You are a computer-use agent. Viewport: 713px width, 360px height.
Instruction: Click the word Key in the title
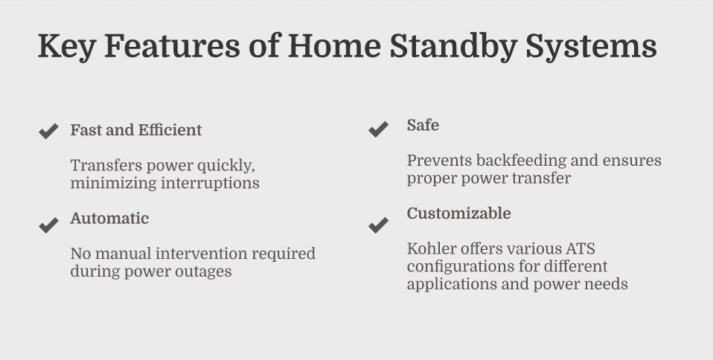pos(66,47)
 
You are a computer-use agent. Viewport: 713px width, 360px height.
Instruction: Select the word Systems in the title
pos(591,47)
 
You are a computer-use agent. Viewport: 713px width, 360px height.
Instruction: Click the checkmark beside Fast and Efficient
pos(48,131)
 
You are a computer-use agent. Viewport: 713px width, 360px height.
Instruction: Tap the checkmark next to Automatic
pos(48,225)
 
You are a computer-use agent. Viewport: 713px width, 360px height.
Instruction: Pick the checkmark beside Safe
pos(378,129)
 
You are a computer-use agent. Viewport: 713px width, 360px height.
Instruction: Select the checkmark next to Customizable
pos(378,225)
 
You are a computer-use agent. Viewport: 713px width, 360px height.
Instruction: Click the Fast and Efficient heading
pos(136,130)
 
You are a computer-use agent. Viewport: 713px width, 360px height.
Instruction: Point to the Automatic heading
pos(109,218)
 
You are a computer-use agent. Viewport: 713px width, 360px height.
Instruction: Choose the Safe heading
pos(423,125)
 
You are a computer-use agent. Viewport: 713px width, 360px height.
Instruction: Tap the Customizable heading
pos(458,213)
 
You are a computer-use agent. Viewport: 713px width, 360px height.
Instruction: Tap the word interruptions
pos(210,183)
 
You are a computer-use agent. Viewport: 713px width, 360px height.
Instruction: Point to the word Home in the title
pos(334,47)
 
